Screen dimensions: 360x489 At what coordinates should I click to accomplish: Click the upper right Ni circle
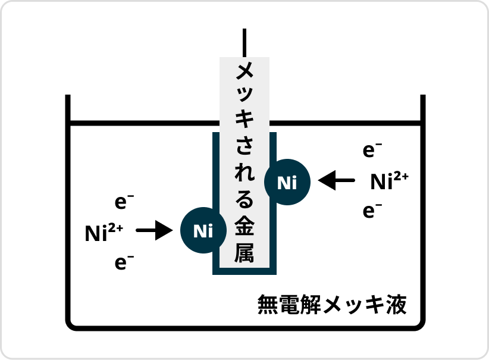tap(287, 183)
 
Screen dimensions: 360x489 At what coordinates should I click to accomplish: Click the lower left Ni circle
tap(203, 230)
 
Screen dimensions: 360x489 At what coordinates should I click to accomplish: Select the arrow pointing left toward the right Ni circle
tap(336, 180)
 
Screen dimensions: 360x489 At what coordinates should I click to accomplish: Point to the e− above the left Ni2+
tap(124, 202)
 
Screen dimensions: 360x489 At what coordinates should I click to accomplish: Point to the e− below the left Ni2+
tap(124, 262)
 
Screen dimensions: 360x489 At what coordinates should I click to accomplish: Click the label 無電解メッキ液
tap(332, 305)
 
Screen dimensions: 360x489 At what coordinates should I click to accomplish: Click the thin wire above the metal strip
tap(244, 43)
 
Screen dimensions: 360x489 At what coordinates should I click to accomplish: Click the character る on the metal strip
tap(244, 199)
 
